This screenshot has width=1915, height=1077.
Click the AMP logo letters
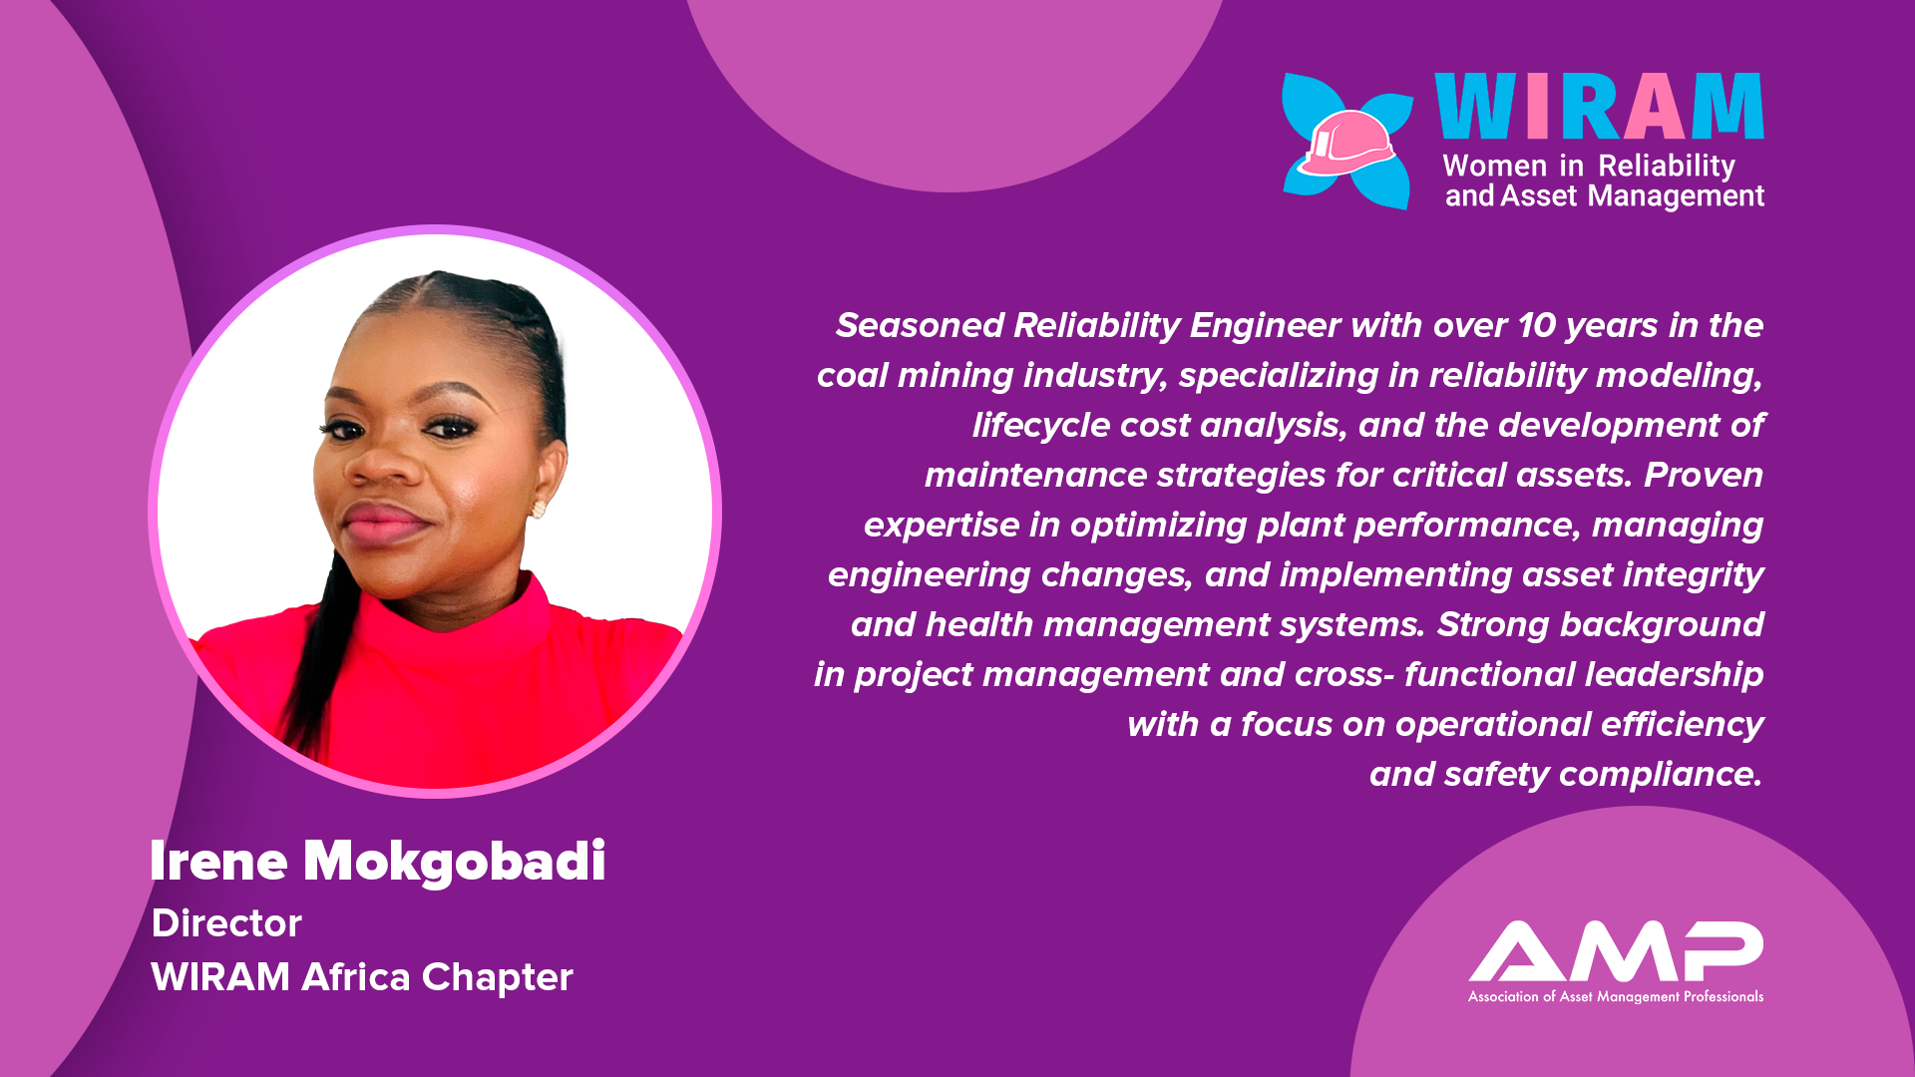(1616, 951)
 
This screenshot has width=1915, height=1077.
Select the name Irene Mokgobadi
(378, 861)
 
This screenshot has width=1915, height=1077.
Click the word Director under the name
(226, 923)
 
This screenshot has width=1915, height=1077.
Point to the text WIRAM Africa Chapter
(362, 977)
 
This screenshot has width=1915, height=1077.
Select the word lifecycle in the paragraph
(1041, 426)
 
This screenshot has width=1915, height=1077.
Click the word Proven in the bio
(1704, 475)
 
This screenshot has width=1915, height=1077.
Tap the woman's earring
(539, 510)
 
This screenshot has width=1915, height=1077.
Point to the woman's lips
(384, 523)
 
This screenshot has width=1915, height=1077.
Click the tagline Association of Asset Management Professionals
(1616, 996)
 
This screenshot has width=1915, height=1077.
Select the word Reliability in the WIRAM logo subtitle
(1667, 166)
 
